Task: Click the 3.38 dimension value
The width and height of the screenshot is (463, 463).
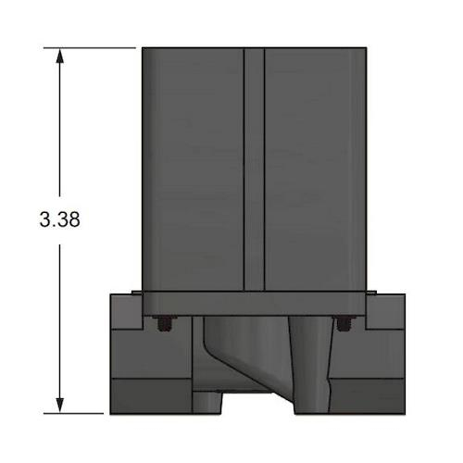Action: [59, 219]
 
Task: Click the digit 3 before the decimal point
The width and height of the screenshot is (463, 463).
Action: [44, 219]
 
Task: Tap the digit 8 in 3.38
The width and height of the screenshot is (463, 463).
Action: [74, 219]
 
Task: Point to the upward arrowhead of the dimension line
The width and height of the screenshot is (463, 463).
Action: [59, 56]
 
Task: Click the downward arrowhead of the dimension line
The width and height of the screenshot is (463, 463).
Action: [59, 405]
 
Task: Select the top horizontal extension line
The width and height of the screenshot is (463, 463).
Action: [90, 48]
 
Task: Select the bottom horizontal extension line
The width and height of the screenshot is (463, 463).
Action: [73, 413]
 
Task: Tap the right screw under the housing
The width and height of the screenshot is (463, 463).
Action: [343, 323]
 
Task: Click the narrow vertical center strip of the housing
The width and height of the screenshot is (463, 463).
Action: [254, 169]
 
